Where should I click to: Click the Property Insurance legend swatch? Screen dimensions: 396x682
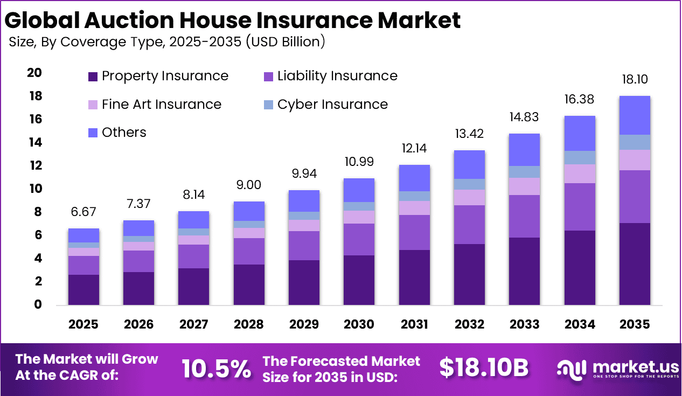[x=93, y=77]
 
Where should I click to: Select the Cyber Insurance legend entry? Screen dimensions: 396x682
[x=332, y=105]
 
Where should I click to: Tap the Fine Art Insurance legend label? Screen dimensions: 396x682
[x=161, y=105]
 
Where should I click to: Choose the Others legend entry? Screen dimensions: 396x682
[x=124, y=133]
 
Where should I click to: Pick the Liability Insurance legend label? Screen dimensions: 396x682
[x=337, y=77]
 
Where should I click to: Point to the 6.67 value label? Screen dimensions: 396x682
[x=83, y=212]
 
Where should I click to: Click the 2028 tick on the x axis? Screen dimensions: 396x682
[x=249, y=324]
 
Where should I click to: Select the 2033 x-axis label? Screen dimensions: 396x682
[x=524, y=324]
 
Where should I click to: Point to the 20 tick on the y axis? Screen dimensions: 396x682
[x=34, y=73]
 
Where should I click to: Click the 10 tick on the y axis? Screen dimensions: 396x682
[x=34, y=189]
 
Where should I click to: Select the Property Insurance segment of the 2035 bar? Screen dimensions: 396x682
[x=634, y=264]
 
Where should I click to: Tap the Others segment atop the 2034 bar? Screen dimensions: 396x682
[x=579, y=133]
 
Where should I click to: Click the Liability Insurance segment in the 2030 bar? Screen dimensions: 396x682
[x=359, y=239]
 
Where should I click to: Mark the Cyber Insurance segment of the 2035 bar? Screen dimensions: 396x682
[x=634, y=142]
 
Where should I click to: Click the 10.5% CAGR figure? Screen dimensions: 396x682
[x=216, y=369]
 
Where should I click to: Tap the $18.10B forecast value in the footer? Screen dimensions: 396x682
[x=483, y=367]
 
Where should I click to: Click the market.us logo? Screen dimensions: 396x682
[x=617, y=369]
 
